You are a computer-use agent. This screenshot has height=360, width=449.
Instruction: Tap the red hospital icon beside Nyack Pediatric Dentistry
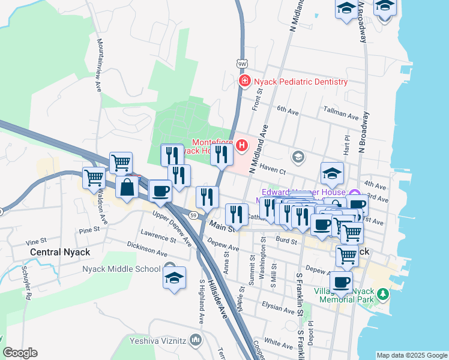pos(244,81)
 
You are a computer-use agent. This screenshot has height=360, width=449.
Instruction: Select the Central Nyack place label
pos(59,252)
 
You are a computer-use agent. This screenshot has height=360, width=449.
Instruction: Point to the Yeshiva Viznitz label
pos(157,341)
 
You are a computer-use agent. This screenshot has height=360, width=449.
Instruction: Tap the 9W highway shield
pos(242,63)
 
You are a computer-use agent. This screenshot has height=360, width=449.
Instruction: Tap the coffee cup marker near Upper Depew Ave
pos(160,191)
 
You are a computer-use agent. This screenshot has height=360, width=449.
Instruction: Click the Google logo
pos(20,353)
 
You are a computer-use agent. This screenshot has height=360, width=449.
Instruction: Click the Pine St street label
pos(88,230)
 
